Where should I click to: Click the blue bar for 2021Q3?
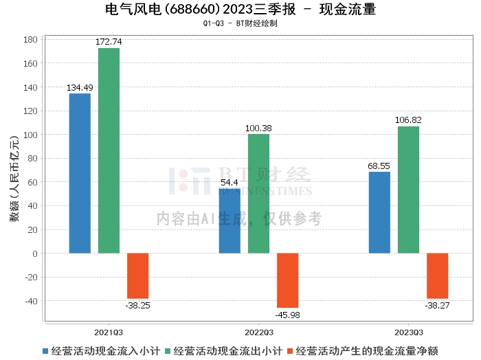[x=80, y=173]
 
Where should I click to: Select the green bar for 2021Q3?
[x=109, y=150]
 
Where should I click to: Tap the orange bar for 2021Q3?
[x=137, y=276]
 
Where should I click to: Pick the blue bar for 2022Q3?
[x=230, y=221]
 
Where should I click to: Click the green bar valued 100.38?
[x=258, y=194]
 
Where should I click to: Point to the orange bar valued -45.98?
[x=288, y=280]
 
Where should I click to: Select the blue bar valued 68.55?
[x=379, y=212]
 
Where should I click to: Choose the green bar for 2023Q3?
[x=409, y=190]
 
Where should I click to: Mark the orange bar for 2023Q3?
[x=438, y=276]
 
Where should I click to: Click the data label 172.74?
[x=109, y=42]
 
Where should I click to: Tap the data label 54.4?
[x=230, y=183]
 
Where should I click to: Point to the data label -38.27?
[x=437, y=306]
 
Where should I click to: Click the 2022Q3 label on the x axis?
[x=259, y=333]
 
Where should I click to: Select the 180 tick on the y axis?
[x=30, y=40]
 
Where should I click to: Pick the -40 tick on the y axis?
[x=32, y=301]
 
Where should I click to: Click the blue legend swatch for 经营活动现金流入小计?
[x=45, y=351]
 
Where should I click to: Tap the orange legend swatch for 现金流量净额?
[x=290, y=351]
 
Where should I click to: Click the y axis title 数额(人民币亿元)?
[x=14, y=179]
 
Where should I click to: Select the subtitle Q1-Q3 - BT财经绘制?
[x=240, y=23]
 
